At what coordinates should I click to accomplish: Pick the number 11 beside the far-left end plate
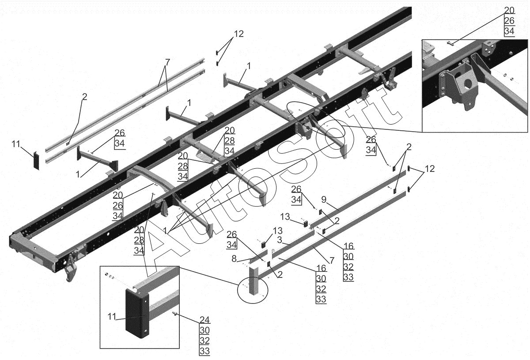pyautogui.click(x=16, y=144)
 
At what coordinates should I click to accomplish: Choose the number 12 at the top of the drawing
pyautogui.click(x=238, y=34)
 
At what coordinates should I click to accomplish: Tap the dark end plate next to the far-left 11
pyautogui.click(x=36, y=159)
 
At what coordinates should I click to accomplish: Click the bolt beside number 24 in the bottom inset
pyautogui.click(x=175, y=314)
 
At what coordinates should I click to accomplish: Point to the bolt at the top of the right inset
pyautogui.click(x=450, y=43)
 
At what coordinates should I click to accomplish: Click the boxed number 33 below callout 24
pyautogui.click(x=204, y=351)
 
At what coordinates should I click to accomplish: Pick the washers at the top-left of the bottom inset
pyautogui.click(x=110, y=277)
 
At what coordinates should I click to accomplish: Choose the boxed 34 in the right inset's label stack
pyautogui.click(x=509, y=31)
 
